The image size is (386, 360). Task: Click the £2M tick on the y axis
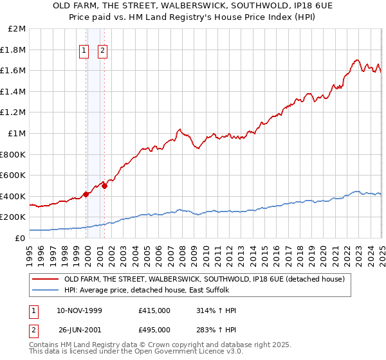17,29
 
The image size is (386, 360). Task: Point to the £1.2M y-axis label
14,113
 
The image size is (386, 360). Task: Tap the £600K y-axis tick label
14,175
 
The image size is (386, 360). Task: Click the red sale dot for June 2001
105,186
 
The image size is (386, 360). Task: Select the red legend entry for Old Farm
205,279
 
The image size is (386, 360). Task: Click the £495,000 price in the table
154,329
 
